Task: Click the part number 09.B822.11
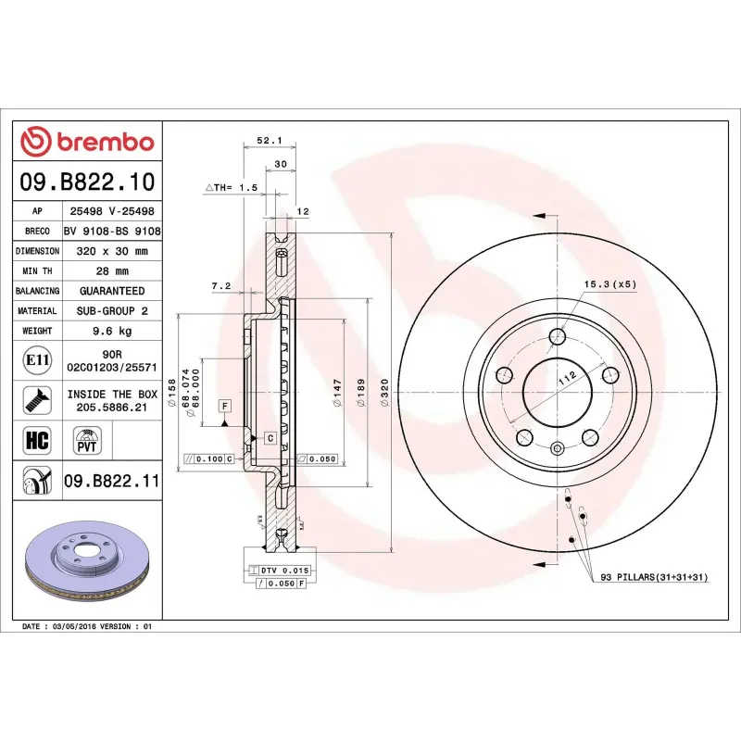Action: pyautogui.click(x=112, y=481)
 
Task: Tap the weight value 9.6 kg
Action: pyautogui.click(x=111, y=331)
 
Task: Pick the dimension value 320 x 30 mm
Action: pyautogui.click(x=111, y=251)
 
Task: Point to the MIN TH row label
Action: pyautogui.click(x=37, y=271)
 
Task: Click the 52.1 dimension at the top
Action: pyautogui.click(x=268, y=141)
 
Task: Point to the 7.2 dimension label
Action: pyautogui.click(x=220, y=286)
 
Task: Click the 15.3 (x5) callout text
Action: pyautogui.click(x=609, y=283)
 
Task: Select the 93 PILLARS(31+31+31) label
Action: pyautogui.click(x=654, y=577)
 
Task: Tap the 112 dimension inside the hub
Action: pyautogui.click(x=568, y=377)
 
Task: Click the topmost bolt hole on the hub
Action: pyautogui.click(x=557, y=336)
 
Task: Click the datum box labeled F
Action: pyautogui.click(x=223, y=406)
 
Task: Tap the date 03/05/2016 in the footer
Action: pyautogui.click(x=76, y=627)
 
